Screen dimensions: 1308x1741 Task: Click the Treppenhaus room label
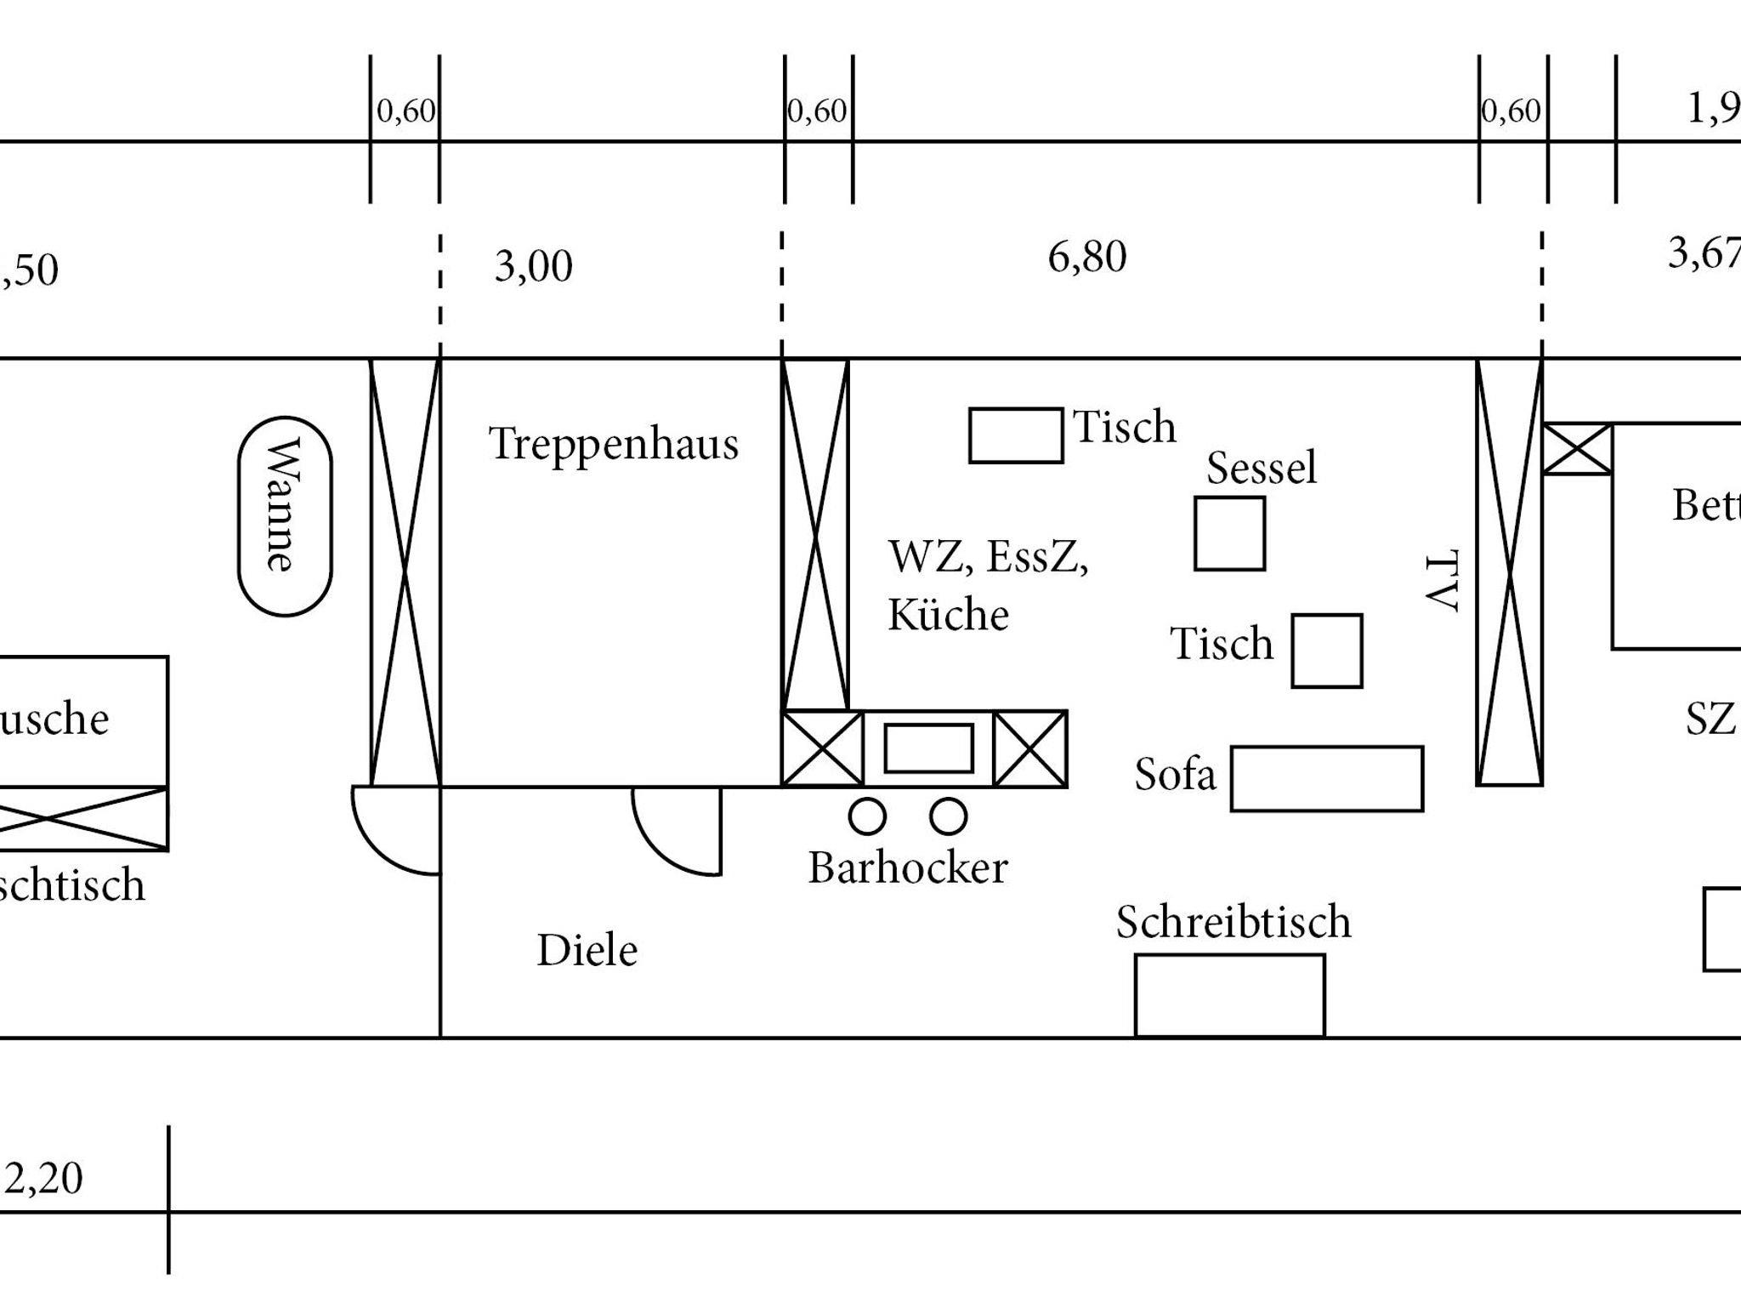coord(613,444)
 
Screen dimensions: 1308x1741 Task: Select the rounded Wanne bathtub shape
coord(285,516)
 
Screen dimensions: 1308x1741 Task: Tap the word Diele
coord(587,950)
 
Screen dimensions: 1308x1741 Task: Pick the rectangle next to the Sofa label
coord(1326,778)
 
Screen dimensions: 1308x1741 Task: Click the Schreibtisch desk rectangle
coord(1229,995)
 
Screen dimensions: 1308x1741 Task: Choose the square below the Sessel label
coord(1229,533)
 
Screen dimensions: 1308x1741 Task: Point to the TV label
coord(1442,581)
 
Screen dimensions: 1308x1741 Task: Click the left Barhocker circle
coord(867,816)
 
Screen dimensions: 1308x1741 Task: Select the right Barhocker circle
coord(948,816)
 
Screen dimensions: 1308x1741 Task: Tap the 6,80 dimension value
coord(1086,257)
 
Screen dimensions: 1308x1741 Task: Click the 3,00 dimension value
coord(533,266)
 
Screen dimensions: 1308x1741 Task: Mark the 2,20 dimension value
coord(43,1179)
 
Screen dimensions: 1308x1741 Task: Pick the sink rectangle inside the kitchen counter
coord(928,748)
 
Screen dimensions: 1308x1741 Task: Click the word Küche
coord(948,615)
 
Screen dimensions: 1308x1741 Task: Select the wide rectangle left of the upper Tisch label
coord(1016,435)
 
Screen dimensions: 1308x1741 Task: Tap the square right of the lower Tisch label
coord(1326,651)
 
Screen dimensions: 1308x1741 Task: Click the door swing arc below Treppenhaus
coord(672,833)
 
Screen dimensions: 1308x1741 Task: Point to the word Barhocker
coord(907,868)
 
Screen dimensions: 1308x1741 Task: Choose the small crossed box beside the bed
coord(1577,449)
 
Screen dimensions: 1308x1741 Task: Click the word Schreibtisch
coord(1233,922)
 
